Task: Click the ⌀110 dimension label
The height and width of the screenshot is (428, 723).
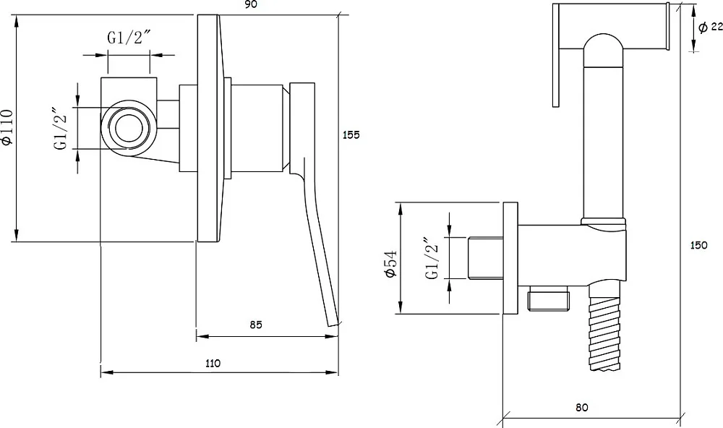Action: click(7, 128)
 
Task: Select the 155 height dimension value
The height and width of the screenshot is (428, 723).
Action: click(351, 135)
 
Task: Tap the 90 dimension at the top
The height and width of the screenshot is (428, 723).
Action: click(251, 4)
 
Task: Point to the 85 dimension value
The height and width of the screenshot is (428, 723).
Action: click(256, 325)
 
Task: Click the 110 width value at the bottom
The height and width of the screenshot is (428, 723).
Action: click(213, 364)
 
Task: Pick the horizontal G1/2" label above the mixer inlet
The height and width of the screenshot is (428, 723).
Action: click(129, 38)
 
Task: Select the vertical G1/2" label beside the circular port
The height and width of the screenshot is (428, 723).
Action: click(61, 129)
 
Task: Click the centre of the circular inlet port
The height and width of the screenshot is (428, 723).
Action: click(129, 129)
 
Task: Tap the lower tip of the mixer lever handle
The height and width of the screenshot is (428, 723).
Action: click(333, 325)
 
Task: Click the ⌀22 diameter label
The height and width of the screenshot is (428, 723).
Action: click(710, 27)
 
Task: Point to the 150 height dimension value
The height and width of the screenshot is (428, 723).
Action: click(698, 245)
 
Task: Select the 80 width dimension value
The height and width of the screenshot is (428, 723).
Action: click(582, 408)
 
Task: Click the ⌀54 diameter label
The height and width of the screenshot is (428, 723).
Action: click(390, 264)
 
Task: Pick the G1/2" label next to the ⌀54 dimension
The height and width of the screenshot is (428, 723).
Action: click(432, 258)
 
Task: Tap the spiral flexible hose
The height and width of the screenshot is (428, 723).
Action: click(607, 326)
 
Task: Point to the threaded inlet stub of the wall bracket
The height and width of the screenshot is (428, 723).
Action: click(486, 258)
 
